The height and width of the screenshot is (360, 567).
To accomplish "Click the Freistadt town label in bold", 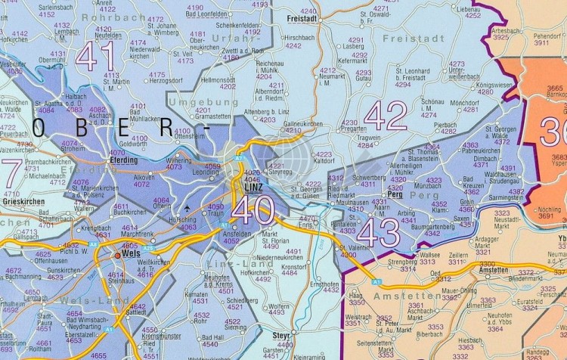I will [302, 19].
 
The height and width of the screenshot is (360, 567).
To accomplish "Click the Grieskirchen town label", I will [21, 203].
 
